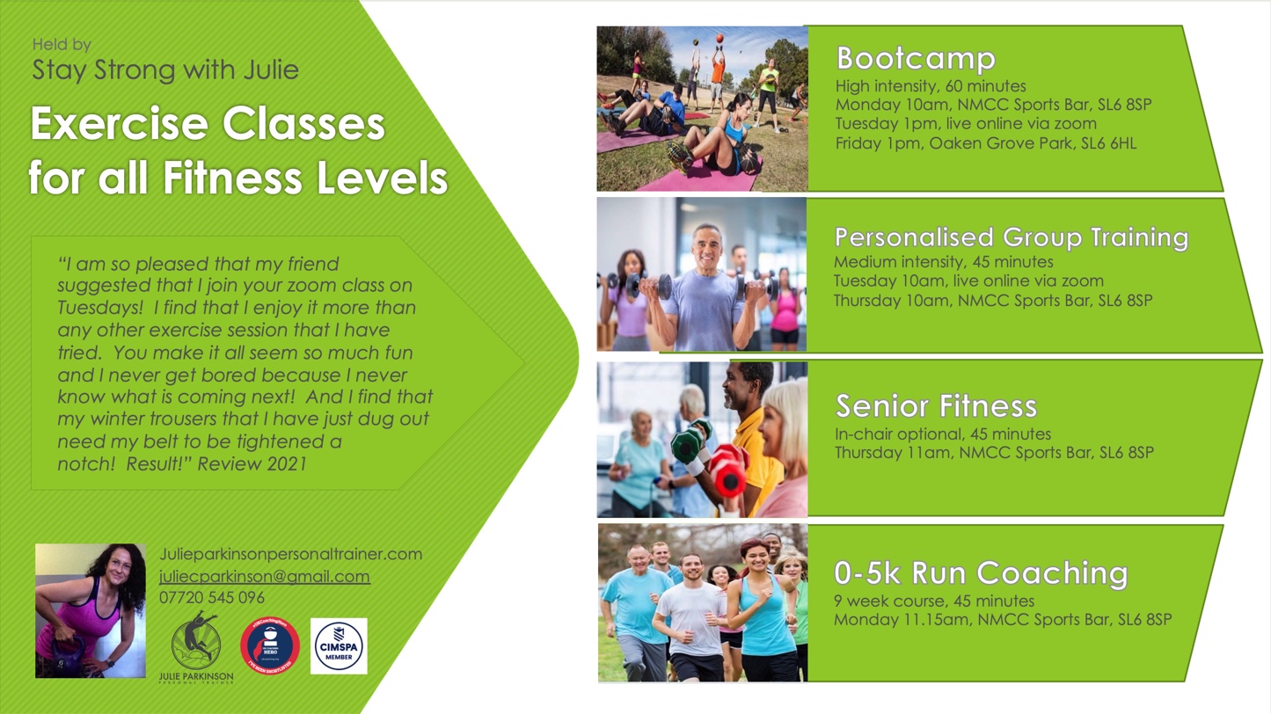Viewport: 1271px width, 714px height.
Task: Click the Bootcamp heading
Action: pos(916,59)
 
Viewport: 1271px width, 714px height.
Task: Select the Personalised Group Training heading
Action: pos(1011,237)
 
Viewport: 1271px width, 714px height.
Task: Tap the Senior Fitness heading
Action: pos(936,406)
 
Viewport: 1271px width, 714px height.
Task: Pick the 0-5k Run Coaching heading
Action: pos(980,573)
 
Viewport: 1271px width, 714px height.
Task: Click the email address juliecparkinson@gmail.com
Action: pos(264,577)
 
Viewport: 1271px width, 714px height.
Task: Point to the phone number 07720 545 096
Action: pos(211,598)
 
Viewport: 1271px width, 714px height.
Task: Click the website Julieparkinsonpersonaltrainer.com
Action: pos(290,555)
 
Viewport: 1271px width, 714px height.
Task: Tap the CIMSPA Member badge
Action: pos(339,646)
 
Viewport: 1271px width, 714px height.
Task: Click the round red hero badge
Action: pos(270,646)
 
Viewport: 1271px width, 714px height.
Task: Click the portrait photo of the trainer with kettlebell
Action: pos(90,610)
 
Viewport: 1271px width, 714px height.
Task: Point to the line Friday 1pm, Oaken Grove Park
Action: pos(985,143)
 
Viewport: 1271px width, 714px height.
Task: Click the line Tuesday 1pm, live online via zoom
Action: pos(966,124)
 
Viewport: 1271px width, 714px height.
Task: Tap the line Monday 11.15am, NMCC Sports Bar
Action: pos(1003,620)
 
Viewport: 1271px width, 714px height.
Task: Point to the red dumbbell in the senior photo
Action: pos(729,470)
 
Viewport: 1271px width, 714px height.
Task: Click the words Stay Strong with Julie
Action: pos(165,70)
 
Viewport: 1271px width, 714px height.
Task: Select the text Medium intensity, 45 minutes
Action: pos(943,262)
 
